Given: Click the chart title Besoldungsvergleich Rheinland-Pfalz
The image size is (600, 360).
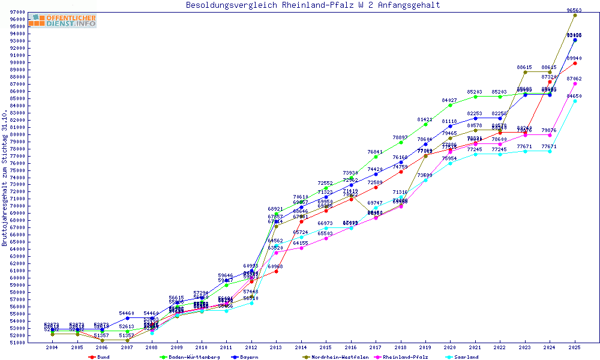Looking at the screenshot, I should [x=313, y=5].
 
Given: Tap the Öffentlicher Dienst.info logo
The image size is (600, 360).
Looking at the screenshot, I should [x=62, y=20].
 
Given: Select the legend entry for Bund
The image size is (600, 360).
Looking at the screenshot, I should [x=100, y=357].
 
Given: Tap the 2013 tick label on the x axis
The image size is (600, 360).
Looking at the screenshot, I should [x=275, y=347].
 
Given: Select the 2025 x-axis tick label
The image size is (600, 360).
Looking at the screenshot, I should [x=575, y=347].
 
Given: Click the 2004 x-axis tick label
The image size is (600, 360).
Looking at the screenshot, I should [x=52, y=347].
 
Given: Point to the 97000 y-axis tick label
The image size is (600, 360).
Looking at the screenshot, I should [x=17, y=12].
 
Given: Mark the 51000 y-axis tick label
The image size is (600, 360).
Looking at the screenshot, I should [x=17, y=343].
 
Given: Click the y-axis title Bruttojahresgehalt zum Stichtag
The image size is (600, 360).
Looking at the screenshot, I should [x=5, y=178].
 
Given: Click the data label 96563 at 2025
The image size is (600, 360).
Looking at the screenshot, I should [x=575, y=10].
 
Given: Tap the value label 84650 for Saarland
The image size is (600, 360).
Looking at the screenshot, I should [x=574, y=96].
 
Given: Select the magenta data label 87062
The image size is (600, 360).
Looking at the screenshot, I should [x=574, y=79].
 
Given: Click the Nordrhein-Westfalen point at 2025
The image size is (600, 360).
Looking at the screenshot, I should [x=575, y=15].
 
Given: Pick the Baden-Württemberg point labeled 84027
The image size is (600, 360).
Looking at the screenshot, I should [x=450, y=105].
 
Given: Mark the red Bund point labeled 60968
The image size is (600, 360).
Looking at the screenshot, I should [x=276, y=271].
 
